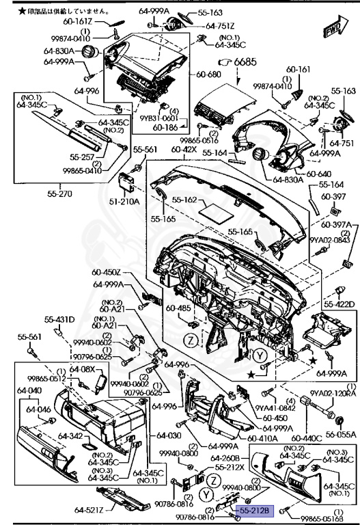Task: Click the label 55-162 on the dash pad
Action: [x=184, y=200]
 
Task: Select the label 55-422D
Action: [x=339, y=305]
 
